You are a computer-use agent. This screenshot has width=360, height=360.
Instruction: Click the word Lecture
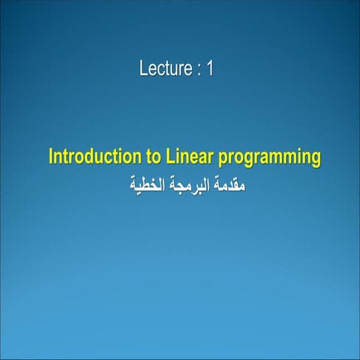click(166, 69)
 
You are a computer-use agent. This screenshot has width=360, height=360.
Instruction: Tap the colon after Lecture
click(199, 70)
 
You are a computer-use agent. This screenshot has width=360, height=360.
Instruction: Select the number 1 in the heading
click(211, 69)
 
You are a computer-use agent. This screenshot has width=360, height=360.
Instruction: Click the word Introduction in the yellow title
click(90, 158)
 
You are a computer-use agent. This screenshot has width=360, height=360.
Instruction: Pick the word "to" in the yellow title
click(148, 158)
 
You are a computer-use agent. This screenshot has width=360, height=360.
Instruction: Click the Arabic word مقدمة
click(227, 182)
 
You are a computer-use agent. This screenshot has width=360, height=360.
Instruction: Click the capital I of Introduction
click(51, 158)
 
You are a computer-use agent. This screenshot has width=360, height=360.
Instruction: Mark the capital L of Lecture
click(143, 69)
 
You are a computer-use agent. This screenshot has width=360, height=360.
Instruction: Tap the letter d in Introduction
click(87, 158)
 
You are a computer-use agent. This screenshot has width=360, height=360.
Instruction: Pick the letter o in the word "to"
click(151, 159)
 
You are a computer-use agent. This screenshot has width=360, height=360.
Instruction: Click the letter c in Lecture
click(159, 70)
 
